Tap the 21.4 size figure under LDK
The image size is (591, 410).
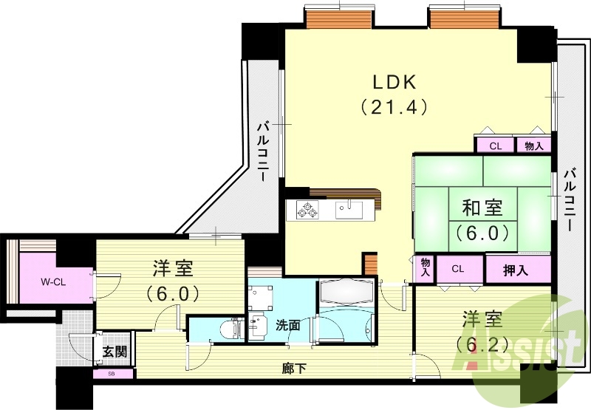pyautogui.click(x=394, y=107)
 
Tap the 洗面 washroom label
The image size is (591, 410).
pyautogui.click(x=288, y=324)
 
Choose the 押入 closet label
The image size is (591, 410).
pyautogui.click(x=517, y=270)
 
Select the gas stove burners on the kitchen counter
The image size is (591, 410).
pyautogui.click(x=307, y=210)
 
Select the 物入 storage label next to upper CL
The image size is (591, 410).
pyautogui.click(x=533, y=146)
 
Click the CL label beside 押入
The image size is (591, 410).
pyautogui.click(x=459, y=269)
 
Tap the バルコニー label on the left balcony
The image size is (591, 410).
pyautogui.click(x=264, y=151)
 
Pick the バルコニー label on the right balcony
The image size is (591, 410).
pyautogui.click(x=569, y=199)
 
